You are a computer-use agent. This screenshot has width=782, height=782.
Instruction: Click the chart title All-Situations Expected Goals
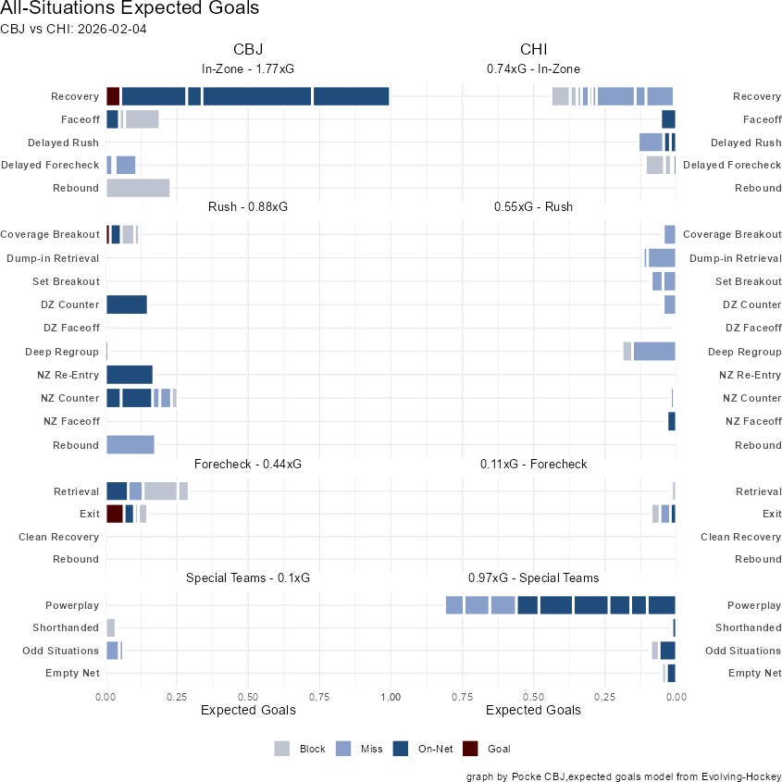click(130, 9)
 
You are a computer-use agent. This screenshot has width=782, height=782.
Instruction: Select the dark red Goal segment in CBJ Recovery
click(113, 96)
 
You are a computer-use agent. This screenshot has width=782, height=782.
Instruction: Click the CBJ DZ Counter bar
click(127, 304)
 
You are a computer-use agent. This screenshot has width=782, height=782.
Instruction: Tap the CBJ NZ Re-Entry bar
click(130, 375)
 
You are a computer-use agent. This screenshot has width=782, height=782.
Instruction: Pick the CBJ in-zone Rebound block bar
click(138, 188)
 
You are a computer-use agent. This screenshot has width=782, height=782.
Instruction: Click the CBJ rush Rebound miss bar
click(130, 445)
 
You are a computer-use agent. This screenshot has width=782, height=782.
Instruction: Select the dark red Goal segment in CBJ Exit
click(115, 514)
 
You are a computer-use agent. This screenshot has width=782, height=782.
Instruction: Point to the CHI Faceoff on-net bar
click(668, 118)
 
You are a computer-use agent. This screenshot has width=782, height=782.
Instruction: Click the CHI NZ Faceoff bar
click(672, 421)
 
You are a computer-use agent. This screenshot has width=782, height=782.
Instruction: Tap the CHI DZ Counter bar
click(670, 304)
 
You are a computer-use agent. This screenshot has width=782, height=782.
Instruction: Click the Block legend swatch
click(282, 749)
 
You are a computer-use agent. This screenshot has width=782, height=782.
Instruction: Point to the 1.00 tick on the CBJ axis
click(391, 695)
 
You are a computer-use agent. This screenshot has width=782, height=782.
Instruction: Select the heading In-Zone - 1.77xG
click(248, 68)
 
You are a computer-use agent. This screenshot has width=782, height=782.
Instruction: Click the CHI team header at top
click(535, 49)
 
